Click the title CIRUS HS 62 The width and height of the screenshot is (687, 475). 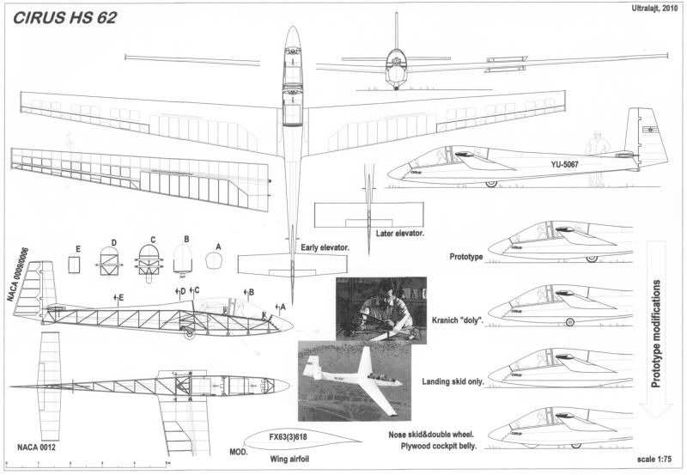point(65,17)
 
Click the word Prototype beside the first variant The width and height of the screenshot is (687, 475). point(466,257)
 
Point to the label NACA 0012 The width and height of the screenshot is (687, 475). point(34,447)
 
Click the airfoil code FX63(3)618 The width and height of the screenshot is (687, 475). point(285,436)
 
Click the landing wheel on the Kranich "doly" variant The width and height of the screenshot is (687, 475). point(570,322)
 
